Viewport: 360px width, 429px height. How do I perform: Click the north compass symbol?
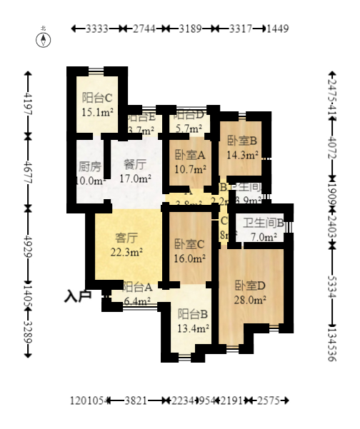click(x=44, y=39)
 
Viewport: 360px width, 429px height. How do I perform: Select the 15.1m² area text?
click(x=98, y=112)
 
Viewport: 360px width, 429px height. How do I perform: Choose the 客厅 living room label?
click(x=126, y=238)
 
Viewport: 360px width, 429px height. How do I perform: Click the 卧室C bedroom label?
click(x=190, y=245)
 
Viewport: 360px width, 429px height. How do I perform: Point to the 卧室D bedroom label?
click(x=251, y=286)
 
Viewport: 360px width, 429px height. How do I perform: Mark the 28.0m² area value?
click(x=251, y=300)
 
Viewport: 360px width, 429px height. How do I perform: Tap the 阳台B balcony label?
click(x=193, y=314)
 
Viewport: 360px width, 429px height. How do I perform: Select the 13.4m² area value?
click(x=193, y=328)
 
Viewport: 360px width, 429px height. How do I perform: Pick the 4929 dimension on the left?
click(x=28, y=243)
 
